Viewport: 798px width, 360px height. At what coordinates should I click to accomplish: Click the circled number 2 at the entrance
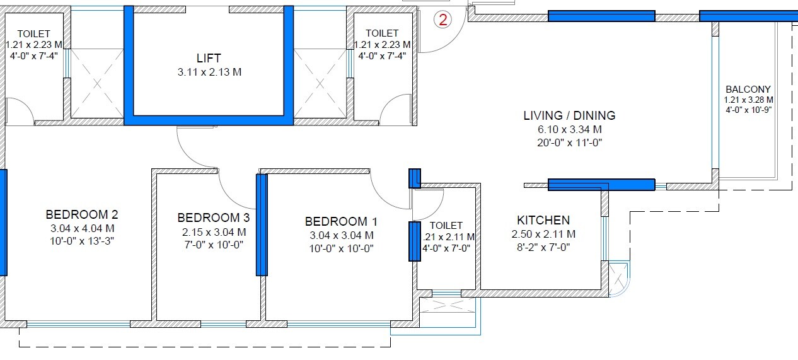(443, 20)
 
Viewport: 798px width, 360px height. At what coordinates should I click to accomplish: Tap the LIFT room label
(209, 59)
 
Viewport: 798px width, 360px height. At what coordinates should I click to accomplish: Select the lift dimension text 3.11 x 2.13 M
(209, 72)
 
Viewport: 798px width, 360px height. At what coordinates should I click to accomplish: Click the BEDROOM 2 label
(82, 214)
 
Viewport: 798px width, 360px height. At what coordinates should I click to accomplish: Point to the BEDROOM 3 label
(213, 218)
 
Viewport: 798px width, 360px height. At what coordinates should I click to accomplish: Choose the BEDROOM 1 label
(341, 222)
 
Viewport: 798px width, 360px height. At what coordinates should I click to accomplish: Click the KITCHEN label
(543, 221)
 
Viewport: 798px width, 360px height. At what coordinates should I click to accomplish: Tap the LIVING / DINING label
(569, 116)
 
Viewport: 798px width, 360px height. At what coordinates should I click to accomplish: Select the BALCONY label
(748, 90)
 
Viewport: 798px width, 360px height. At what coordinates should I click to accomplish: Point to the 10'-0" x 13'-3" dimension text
(82, 241)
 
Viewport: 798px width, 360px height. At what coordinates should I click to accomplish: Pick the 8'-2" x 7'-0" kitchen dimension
(543, 247)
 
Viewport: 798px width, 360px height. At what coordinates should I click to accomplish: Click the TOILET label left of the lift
(34, 33)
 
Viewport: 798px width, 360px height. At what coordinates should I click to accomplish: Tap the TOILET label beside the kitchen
(446, 225)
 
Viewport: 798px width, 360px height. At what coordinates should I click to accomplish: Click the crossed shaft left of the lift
(96, 83)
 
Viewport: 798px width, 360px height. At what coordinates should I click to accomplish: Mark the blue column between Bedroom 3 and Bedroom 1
(262, 224)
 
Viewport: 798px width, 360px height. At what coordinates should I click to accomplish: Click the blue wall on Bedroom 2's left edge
(3, 222)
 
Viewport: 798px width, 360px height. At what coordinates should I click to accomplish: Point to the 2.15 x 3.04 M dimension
(213, 232)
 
